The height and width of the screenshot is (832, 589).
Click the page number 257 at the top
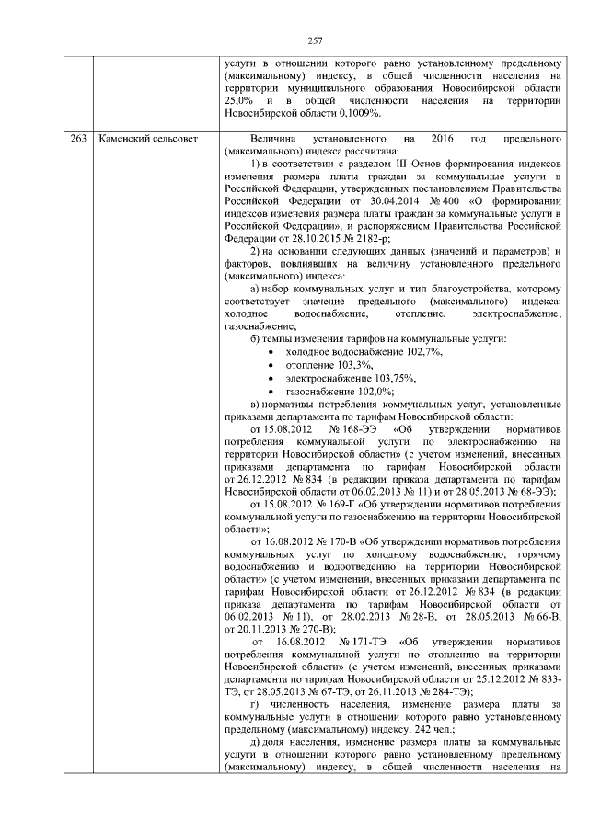[314, 40]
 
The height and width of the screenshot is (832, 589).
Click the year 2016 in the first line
[442, 138]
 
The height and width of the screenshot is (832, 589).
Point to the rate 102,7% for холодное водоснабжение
[421, 353]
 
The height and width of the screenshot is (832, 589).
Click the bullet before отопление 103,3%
[268, 366]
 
